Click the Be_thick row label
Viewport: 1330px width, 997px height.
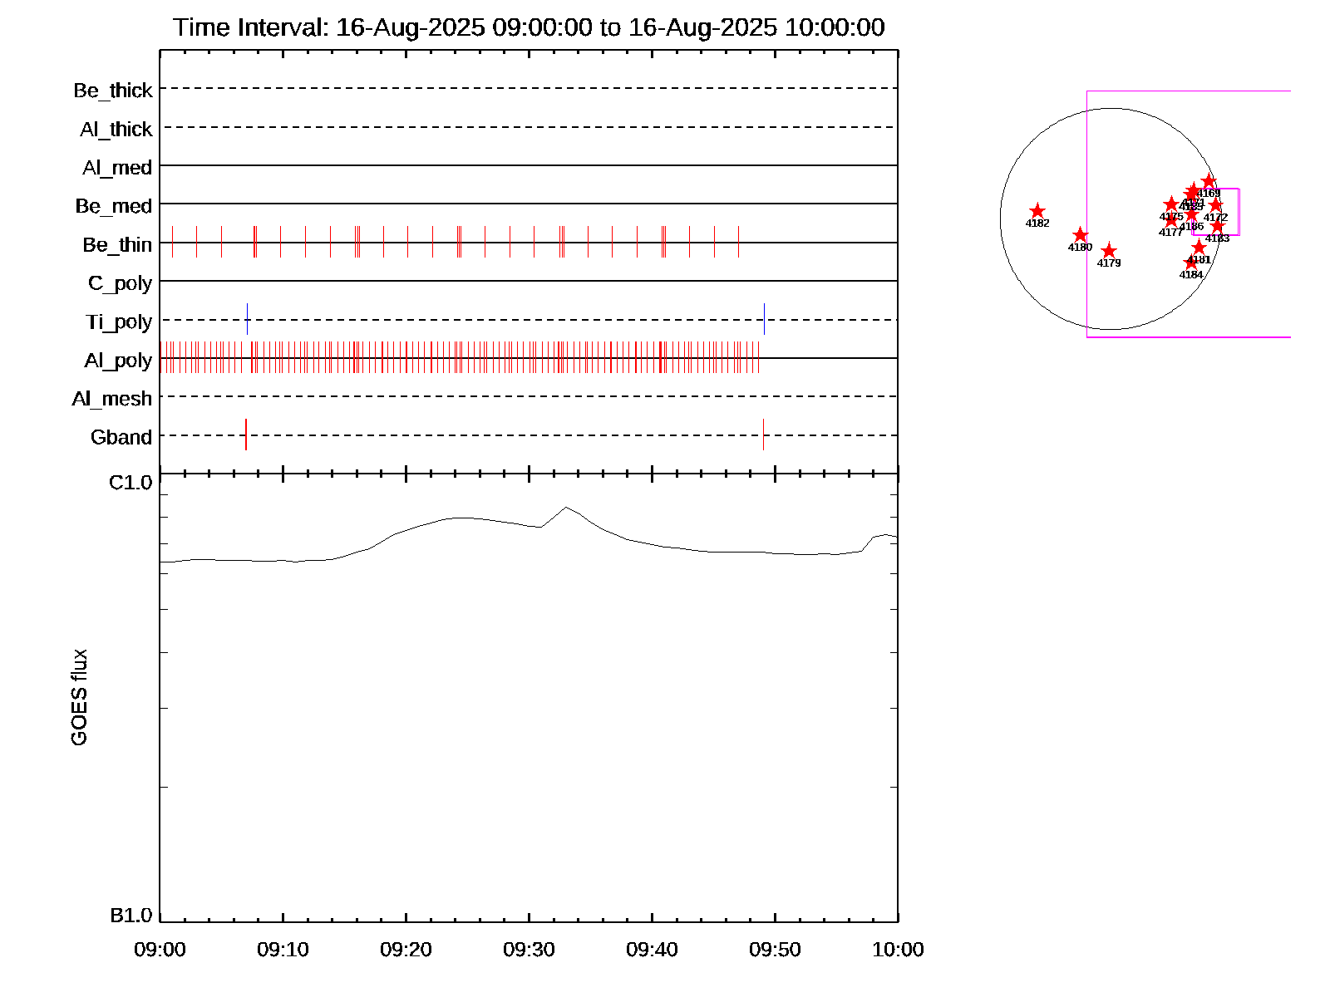[x=113, y=91]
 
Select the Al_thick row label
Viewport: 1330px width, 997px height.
[x=116, y=130]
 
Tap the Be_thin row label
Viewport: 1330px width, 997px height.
[x=117, y=245]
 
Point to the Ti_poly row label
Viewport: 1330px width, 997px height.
[x=119, y=322]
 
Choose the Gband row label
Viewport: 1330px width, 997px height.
[x=121, y=438]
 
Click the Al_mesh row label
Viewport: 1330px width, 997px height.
[x=112, y=400]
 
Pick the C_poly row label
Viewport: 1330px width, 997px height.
[x=121, y=284]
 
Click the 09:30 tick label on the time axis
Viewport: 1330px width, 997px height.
[x=529, y=950]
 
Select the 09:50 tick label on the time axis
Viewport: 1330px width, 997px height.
[x=775, y=950]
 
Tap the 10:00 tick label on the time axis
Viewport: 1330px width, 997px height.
[x=898, y=950]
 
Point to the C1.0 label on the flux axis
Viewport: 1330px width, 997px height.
[x=131, y=483]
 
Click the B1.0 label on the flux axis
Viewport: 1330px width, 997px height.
[x=131, y=916]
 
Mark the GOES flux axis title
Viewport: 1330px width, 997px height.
[x=80, y=698]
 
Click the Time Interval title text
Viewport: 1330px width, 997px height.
[x=529, y=27]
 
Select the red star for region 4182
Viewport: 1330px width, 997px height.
[x=1037, y=211]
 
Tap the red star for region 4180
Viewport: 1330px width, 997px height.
[x=1081, y=235]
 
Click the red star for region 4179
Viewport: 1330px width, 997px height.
[x=1109, y=251]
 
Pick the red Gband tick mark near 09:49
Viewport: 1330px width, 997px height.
[x=763, y=435]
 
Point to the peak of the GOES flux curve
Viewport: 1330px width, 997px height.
[x=566, y=507]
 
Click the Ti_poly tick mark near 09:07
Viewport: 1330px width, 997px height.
[x=247, y=319]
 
